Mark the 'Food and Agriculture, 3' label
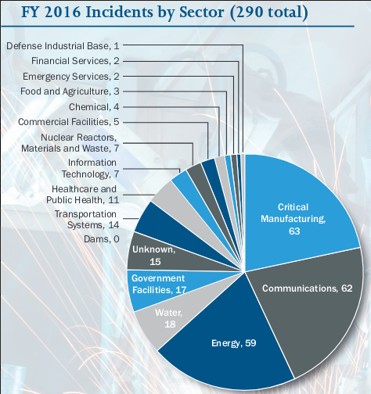coord(76,91)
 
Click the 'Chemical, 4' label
coord(93,106)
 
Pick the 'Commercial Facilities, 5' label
coord(69,122)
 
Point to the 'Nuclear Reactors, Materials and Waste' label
coord(70,142)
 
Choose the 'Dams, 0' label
coord(103,239)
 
